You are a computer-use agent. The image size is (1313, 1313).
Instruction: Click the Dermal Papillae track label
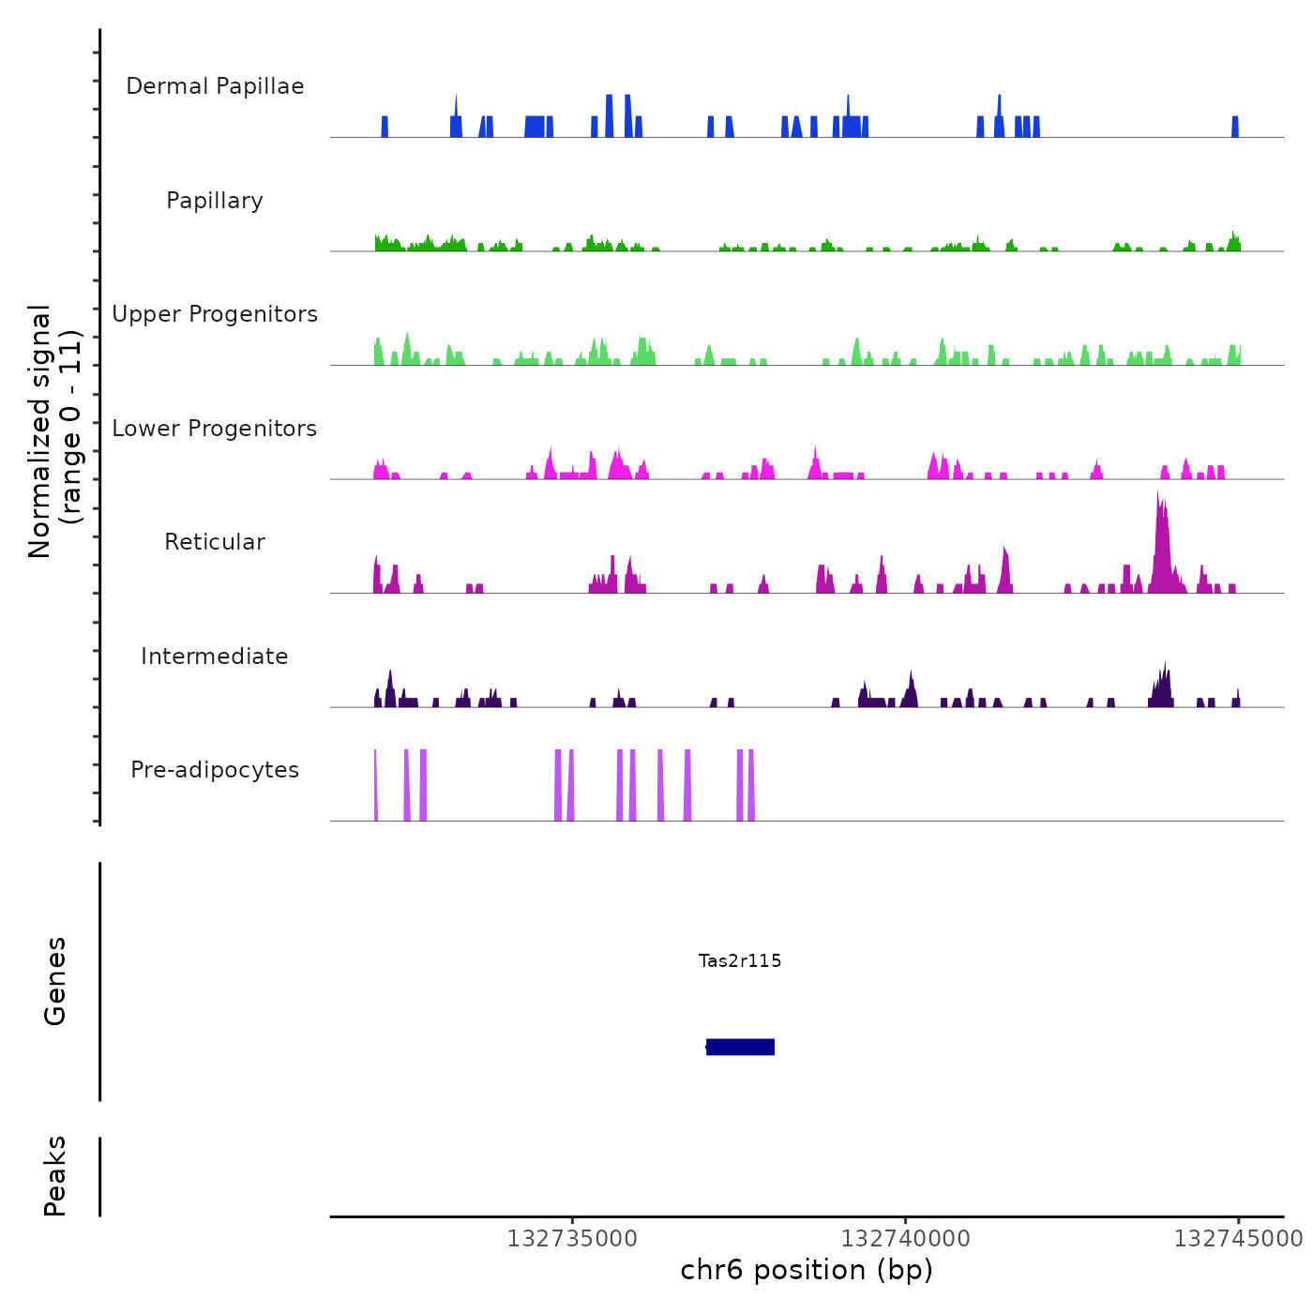point(215,86)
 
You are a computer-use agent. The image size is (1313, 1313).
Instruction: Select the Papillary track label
point(215,201)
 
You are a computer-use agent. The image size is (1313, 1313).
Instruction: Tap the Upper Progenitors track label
point(215,314)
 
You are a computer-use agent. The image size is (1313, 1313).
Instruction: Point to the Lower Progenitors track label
point(215,429)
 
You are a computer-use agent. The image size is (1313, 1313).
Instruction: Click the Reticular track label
point(215,542)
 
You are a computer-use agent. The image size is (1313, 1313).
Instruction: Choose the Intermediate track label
point(215,656)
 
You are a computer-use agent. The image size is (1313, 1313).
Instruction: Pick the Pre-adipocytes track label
point(215,770)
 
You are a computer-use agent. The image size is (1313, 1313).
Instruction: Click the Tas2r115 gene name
point(740,960)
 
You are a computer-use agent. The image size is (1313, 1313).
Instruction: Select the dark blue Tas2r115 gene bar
point(741,1047)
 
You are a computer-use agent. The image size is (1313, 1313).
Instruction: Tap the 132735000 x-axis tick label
point(572,1239)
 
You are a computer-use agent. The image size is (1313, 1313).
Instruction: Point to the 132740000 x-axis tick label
point(906,1239)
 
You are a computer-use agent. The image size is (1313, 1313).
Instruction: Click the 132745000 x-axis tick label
point(1238,1239)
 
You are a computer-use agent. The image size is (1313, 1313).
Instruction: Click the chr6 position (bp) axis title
point(807,1270)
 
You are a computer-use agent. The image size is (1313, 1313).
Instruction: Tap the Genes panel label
point(55,981)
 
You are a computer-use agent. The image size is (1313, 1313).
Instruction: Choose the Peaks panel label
point(55,1176)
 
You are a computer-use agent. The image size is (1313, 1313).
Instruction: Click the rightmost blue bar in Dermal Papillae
point(1235,127)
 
